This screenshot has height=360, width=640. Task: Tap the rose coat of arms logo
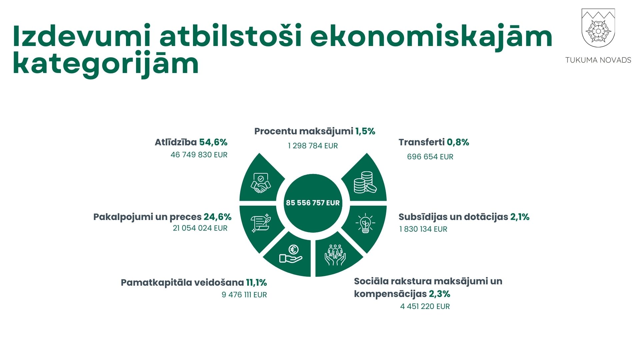(x=598, y=28)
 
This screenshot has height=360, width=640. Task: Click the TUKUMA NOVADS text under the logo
(x=598, y=60)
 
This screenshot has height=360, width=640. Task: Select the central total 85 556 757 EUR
(x=313, y=203)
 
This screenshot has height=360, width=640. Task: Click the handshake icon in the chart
(x=261, y=183)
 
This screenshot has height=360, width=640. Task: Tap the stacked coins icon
(x=365, y=182)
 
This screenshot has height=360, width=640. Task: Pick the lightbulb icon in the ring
(x=365, y=223)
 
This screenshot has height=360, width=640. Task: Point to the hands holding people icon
(x=335, y=255)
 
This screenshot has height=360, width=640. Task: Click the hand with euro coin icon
(x=291, y=254)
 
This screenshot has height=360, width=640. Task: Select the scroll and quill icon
(x=261, y=223)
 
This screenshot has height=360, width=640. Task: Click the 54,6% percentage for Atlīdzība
(x=213, y=142)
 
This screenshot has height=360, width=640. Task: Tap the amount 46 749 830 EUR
(x=199, y=155)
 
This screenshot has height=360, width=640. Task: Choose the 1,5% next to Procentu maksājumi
(x=365, y=131)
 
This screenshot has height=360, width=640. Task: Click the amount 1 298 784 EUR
(x=313, y=146)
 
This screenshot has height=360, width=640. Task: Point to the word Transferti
(x=422, y=142)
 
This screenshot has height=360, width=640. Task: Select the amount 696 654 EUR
(x=430, y=157)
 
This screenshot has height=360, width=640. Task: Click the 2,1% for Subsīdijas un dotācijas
(x=520, y=217)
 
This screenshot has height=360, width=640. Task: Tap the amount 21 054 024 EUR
(x=200, y=228)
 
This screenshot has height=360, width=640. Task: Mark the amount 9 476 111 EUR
(x=244, y=295)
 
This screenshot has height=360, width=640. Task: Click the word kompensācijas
(x=390, y=294)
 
